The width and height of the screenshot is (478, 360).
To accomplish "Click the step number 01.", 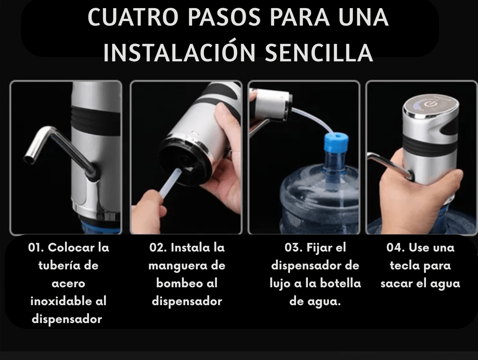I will pyautogui.click(x=35, y=247).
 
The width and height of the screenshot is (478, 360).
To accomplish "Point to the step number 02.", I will pyautogui.click(x=156, y=247).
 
